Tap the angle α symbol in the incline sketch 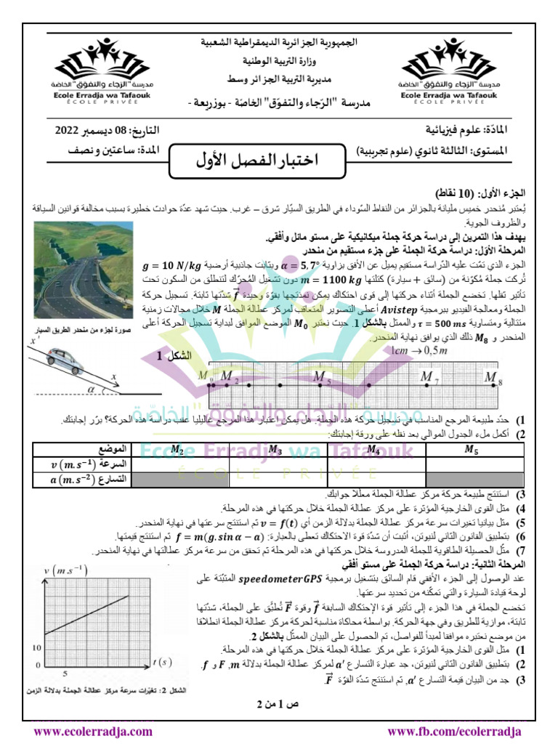coord(91,389)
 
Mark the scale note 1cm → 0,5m coord(418,351)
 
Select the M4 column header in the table coord(375,450)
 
